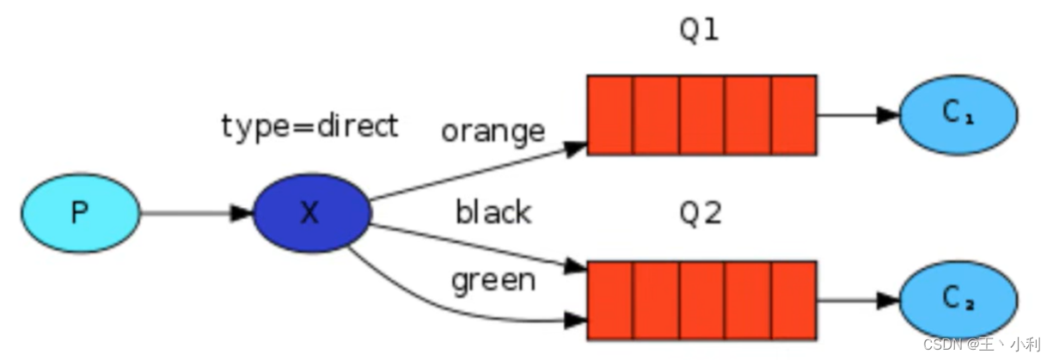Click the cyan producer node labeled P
80,212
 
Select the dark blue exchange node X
311,213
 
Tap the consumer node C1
958,114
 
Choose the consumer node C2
958,300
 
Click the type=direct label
309,126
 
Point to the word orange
493,131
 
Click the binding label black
493,211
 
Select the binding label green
493,280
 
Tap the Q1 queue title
699,30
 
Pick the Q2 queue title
699,213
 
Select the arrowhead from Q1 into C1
888,114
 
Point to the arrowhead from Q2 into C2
888,300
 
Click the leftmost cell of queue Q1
610,114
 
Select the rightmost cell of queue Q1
793,114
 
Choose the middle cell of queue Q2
701,300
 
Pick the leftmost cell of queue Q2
610,300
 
